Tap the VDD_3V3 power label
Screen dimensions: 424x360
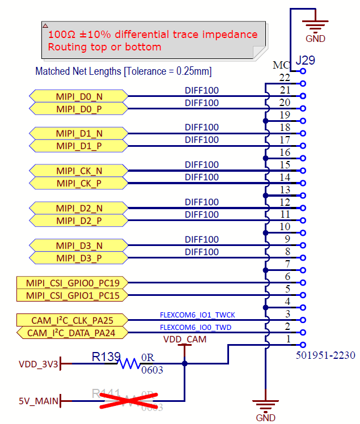click(38, 364)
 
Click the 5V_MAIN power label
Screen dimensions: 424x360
click(38, 401)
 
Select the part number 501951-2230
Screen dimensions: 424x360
click(325, 355)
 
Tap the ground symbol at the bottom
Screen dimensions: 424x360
click(265, 407)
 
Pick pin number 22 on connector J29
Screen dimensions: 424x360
click(285, 78)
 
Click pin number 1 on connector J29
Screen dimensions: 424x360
click(288, 339)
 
